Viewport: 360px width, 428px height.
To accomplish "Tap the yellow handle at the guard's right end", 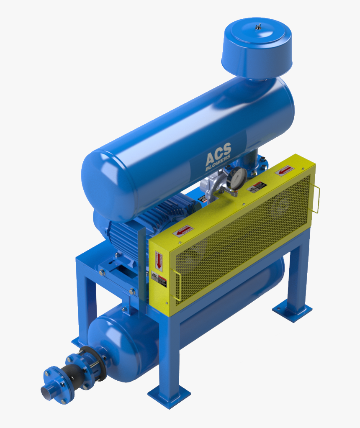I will (317, 200).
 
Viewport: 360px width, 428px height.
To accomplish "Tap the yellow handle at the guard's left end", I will (177, 287).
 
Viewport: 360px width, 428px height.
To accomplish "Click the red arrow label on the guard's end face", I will (159, 261).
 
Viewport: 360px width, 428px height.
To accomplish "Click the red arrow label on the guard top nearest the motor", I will (183, 231).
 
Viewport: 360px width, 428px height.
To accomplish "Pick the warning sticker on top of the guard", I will (257, 187).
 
